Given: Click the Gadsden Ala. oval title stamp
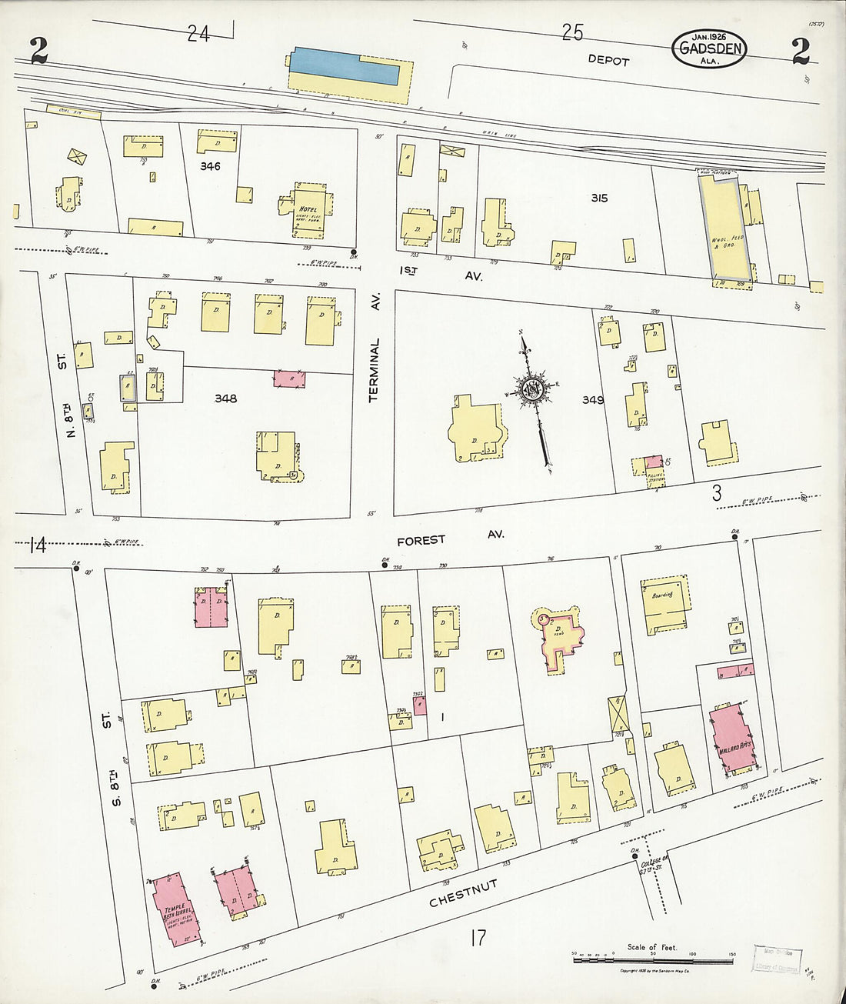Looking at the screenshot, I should click(x=708, y=48).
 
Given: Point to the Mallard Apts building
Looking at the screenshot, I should click(x=733, y=736).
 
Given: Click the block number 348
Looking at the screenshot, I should click(x=225, y=399).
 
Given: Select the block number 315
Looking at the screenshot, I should click(x=598, y=198).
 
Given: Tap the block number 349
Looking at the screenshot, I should click(x=592, y=400).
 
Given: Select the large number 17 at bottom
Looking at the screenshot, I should click(x=477, y=937).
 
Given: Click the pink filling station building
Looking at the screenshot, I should click(x=653, y=462).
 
